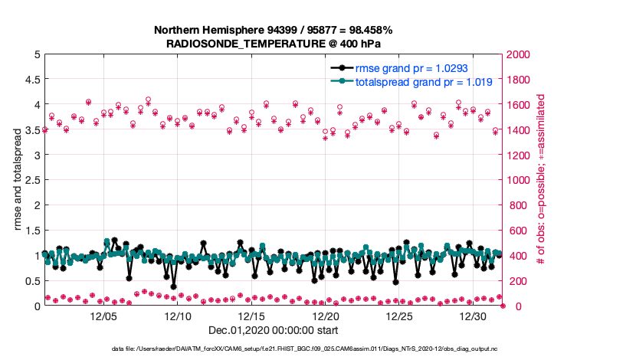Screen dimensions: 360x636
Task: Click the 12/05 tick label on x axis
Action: pos(103,316)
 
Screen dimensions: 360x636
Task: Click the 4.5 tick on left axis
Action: pos(32,80)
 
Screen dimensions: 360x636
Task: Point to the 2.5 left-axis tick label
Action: pos(32,180)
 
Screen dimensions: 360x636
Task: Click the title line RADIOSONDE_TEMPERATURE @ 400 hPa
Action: pos(274,44)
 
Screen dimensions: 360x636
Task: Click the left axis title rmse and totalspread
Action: pos(19,180)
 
